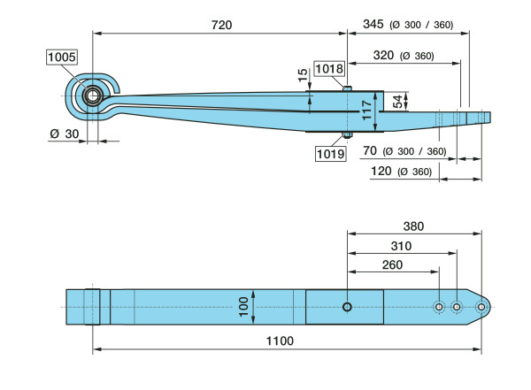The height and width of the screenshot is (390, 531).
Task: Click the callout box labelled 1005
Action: tap(62, 57)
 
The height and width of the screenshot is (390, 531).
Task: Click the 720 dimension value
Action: tap(221, 25)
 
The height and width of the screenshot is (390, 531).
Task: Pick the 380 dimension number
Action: tap(412, 226)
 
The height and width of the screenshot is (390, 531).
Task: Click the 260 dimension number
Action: tap(391, 264)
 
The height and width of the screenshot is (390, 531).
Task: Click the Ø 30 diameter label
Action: tap(66, 134)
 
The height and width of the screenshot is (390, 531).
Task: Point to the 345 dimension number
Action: tap(373, 25)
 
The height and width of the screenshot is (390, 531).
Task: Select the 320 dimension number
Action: tap(382, 55)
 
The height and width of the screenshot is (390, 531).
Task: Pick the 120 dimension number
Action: tap(381, 171)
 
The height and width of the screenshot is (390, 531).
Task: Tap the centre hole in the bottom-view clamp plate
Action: tap(348, 307)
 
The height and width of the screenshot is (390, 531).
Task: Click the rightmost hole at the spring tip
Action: tap(481, 307)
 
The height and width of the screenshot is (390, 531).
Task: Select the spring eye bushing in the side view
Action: tap(91, 94)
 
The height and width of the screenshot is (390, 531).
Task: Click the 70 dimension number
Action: tap(370, 150)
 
